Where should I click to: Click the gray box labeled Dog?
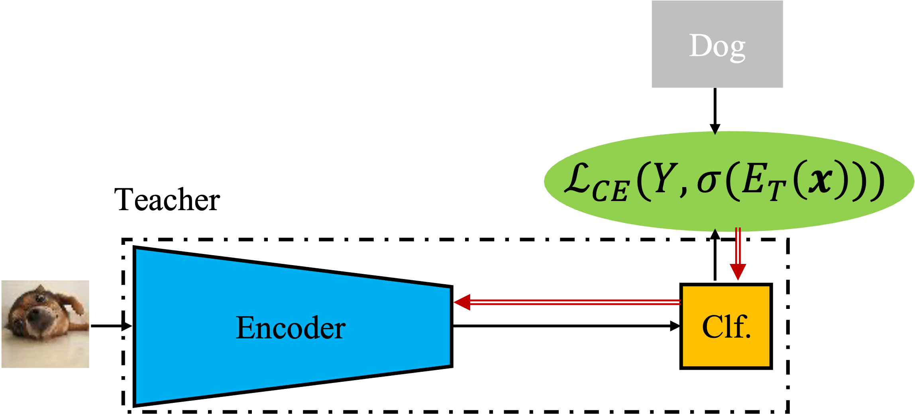pos(717,44)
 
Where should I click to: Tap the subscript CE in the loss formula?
pos(610,191)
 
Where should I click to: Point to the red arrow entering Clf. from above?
pos(738,251)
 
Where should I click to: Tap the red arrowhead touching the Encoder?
pos(462,302)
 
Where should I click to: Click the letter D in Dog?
pos(700,46)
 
